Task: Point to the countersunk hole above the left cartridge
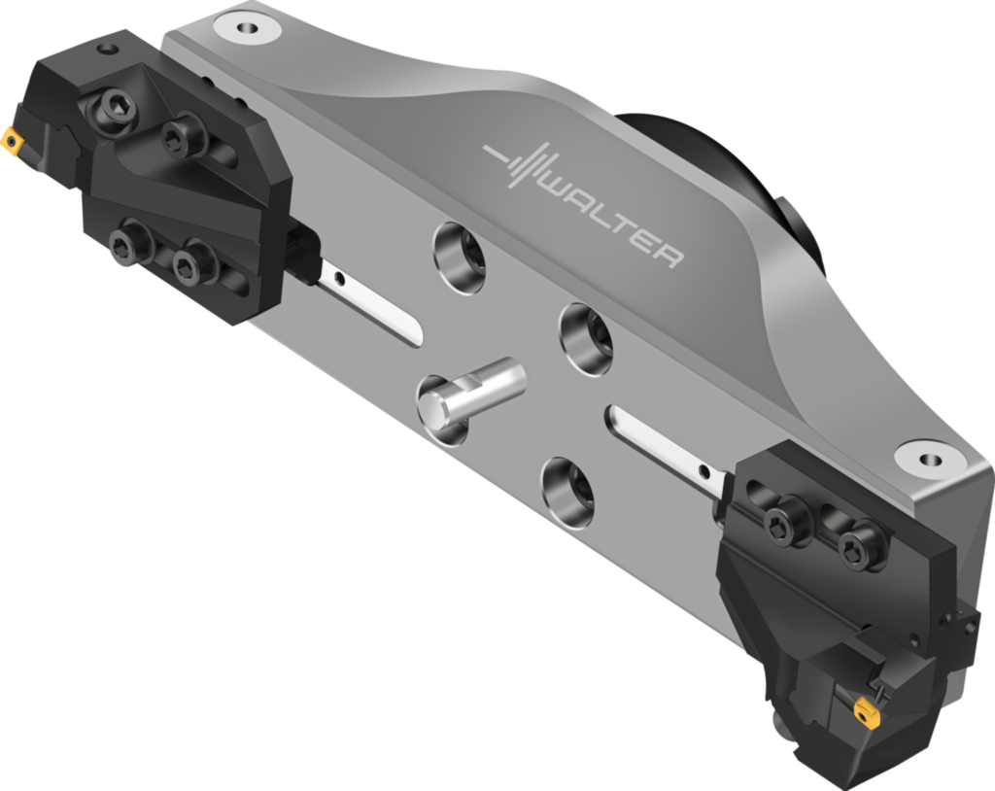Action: click(243, 27)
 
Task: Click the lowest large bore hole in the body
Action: click(569, 491)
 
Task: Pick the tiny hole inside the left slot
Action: click(339, 280)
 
